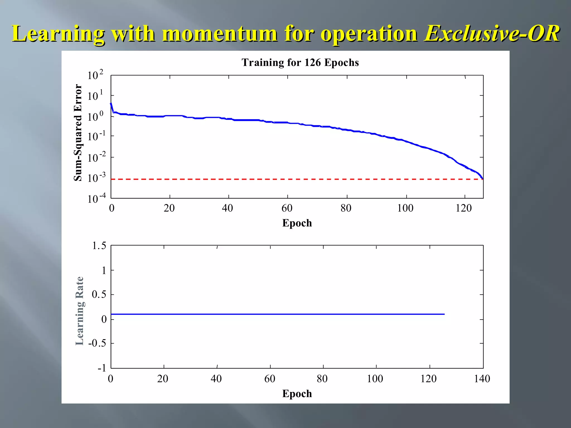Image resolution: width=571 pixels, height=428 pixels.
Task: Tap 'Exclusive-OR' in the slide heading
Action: (x=492, y=34)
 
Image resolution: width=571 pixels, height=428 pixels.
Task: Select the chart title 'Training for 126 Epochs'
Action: (x=300, y=62)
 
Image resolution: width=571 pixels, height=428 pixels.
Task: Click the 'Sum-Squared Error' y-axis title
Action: (x=78, y=133)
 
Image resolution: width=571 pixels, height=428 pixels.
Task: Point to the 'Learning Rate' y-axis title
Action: (x=79, y=311)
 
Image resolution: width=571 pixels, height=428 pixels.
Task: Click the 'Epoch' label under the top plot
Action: (x=297, y=223)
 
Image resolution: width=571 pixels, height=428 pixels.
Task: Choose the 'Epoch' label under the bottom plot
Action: (x=297, y=394)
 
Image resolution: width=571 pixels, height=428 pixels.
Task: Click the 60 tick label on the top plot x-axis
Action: (x=287, y=208)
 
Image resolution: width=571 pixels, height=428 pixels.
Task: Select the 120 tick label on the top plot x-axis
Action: (x=464, y=208)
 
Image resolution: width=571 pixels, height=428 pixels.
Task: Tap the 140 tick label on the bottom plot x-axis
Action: (x=482, y=379)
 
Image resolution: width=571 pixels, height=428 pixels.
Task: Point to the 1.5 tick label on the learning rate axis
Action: (x=99, y=246)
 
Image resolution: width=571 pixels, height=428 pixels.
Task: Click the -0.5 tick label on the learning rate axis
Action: (x=97, y=343)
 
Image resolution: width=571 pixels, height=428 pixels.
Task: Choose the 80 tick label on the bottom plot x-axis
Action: (x=322, y=379)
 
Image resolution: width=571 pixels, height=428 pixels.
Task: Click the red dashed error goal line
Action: (x=279, y=179)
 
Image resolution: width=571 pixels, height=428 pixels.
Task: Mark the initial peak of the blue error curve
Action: (x=111, y=103)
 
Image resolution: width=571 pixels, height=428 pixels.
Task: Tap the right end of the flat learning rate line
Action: (x=444, y=314)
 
